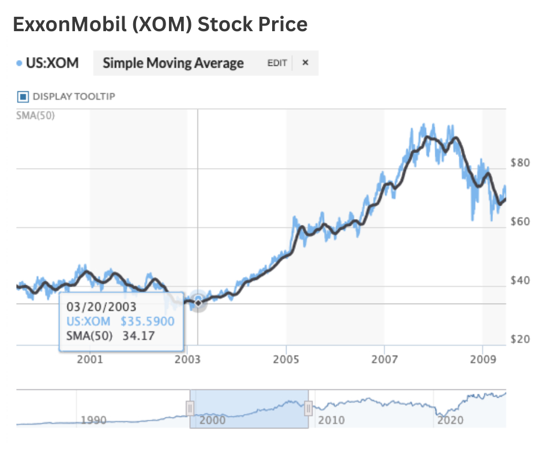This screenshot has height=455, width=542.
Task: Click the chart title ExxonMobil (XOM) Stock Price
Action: coord(160,24)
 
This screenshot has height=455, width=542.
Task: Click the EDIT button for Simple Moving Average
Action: coord(277,63)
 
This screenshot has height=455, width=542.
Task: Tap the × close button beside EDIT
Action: coord(306,63)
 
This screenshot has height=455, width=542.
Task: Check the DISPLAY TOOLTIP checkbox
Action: coord(24,96)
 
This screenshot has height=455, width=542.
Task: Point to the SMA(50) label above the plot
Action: coord(31,114)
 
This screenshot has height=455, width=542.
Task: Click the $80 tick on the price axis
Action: coord(520,163)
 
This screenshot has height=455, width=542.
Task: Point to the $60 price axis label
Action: coord(520,222)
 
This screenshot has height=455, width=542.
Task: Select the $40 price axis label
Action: coord(520,281)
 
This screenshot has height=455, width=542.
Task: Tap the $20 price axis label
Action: coord(520,339)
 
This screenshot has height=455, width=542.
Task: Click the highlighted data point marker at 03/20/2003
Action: coord(198,302)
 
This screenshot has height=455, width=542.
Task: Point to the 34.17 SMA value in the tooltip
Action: coord(139,335)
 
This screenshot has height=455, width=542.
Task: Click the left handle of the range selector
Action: coord(190,408)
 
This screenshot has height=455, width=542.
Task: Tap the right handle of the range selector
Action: coord(308,408)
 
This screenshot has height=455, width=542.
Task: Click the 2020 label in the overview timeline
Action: coord(450,420)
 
